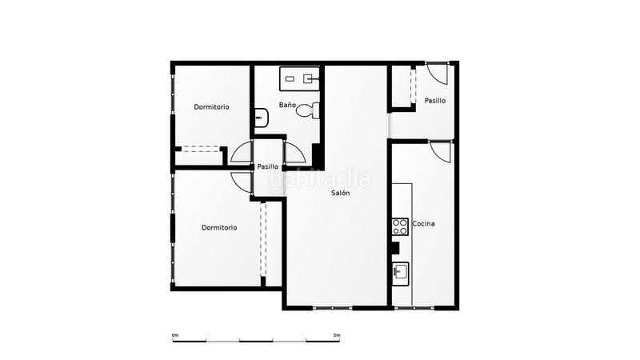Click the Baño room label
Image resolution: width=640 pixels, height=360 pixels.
click(288, 105)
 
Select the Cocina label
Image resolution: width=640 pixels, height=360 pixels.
click(423, 223)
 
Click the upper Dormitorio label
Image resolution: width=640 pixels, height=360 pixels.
click(212, 106)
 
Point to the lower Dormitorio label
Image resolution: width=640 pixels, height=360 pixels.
click(219, 227)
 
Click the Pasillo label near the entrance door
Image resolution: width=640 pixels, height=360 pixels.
click(435, 101)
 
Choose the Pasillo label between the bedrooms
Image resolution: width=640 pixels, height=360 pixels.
click(268, 166)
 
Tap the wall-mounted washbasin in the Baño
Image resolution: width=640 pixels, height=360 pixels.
click(261, 118)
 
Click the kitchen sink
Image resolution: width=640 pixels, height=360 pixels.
click(400, 273)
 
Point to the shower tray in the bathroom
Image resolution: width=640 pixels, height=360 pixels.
click(299, 78)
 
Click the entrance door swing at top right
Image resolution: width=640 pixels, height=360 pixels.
click(437, 73)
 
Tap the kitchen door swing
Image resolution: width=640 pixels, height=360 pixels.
click(440, 151)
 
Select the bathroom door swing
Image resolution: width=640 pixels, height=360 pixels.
click(294, 152)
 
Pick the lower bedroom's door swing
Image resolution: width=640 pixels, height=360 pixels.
click(241, 181)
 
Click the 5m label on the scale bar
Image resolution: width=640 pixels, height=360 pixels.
click(337, 334)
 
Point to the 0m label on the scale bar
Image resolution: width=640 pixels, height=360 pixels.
click(175, 334)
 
